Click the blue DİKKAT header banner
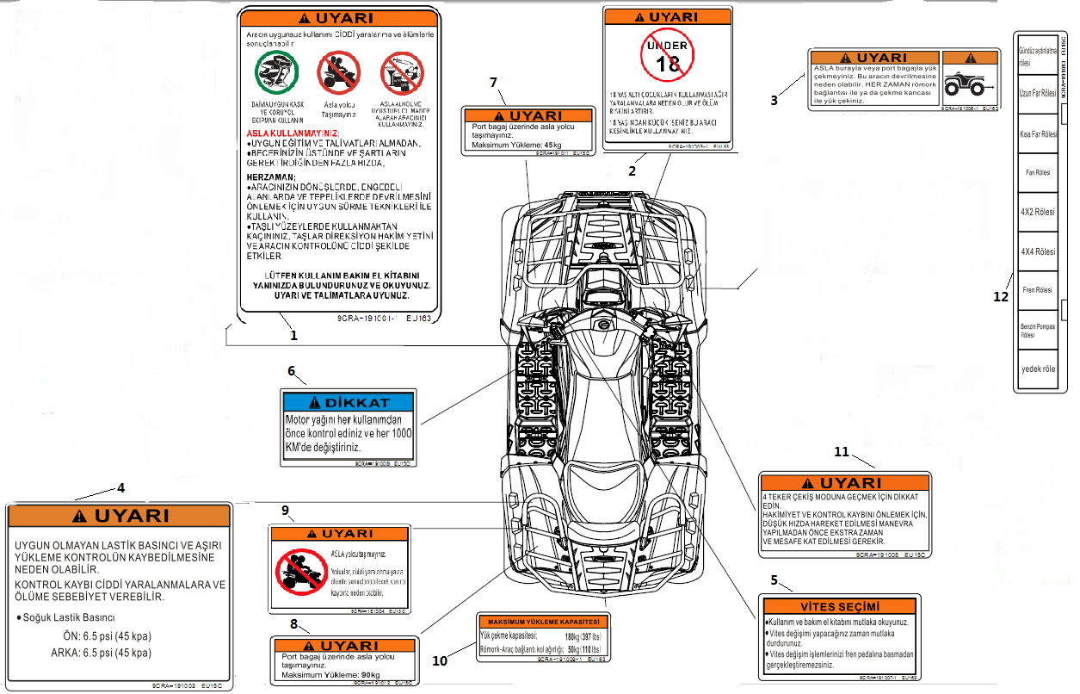coord(349,401)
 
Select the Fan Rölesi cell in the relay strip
coord(1038,172)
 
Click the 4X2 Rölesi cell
coord(1038,212)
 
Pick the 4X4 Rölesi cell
coord(1038,251)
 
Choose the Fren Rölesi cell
coord(1038,290)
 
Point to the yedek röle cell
coord(1038,369)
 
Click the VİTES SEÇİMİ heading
coord(841,605)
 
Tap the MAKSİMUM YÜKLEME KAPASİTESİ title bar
coord(543,622)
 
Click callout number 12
coord(1000,296)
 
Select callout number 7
coord(493,83)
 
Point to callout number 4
coord(120,487)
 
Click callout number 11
coord(842,451)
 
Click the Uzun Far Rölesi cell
coord(1038,93)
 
